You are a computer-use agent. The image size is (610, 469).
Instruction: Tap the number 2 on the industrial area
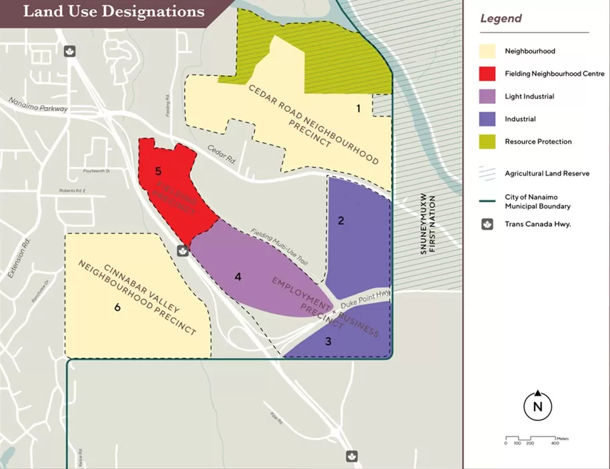341,221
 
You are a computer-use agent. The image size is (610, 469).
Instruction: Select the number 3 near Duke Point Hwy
328,341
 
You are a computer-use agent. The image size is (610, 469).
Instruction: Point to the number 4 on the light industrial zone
237,276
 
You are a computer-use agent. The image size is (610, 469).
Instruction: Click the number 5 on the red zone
158,171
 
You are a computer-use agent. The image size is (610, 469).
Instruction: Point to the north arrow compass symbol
537,405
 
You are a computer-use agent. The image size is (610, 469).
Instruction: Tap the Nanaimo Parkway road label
39,104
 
